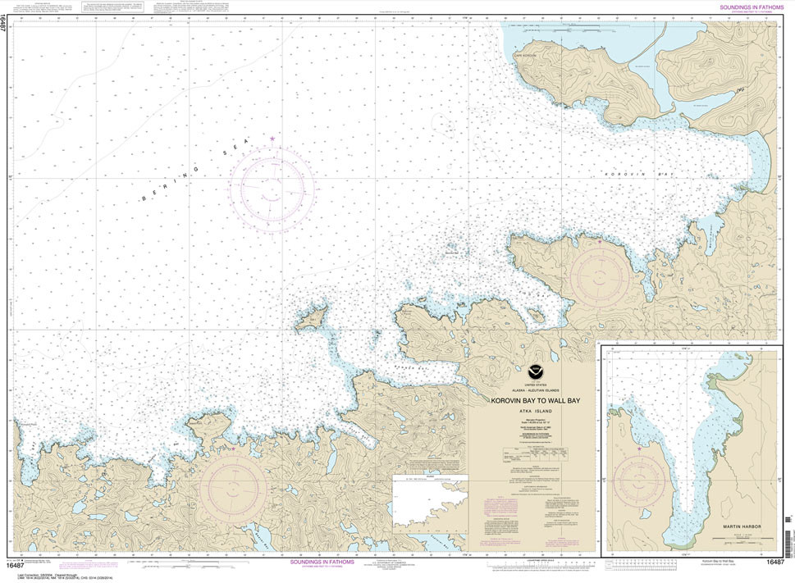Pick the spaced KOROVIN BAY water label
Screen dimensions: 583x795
click(x=626, y=175)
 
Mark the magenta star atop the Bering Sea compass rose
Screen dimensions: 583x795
click(x=272, y=139)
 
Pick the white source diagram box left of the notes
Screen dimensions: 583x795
click(x=429, y=502)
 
